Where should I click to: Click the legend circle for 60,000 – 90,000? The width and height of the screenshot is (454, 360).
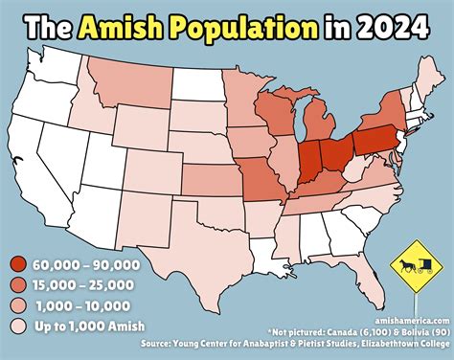click(x=17, y=264)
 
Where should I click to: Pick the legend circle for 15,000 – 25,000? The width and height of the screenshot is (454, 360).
click(x=17, y=284)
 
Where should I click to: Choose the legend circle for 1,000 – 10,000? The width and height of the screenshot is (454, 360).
click(x=17, y=305)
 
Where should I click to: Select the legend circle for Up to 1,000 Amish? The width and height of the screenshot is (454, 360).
click(x=17, y=326)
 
